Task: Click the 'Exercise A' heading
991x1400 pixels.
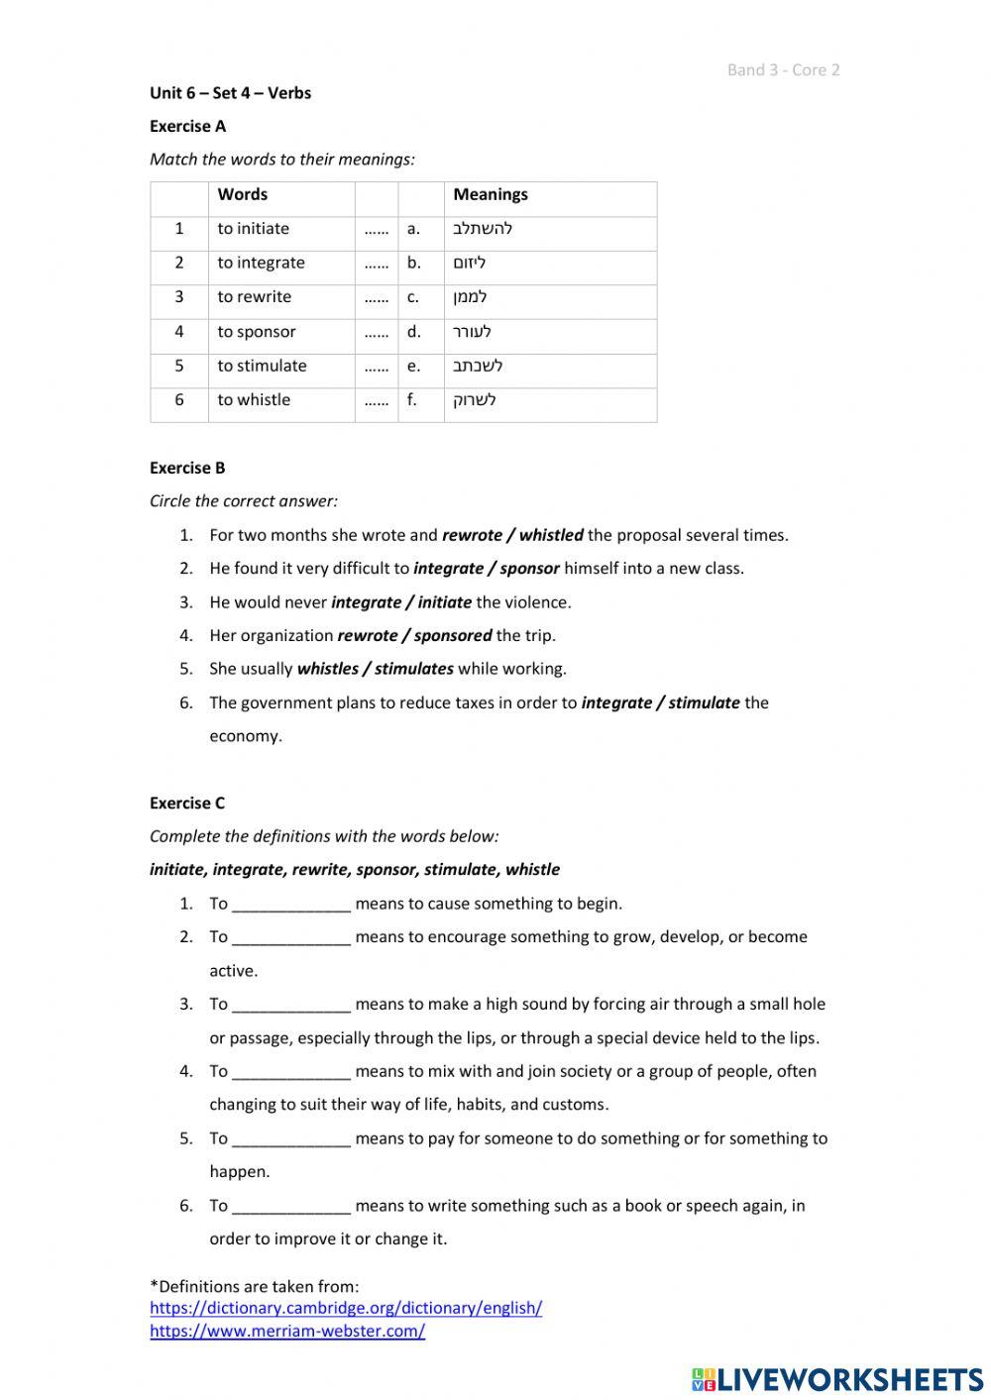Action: [x=187, y=126]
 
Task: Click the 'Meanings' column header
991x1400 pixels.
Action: [x=490, y=194]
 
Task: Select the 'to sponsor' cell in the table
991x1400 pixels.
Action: [x=257, y=332]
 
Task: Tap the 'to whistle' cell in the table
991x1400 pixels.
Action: [x=254, y=400]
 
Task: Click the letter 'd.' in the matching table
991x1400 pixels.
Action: [x=413, y=332]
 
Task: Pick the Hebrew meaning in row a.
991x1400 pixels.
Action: [x=483, y=229]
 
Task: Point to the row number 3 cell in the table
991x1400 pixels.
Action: [x=179, y=297]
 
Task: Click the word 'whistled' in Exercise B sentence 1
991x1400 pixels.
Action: [x=551, y=535]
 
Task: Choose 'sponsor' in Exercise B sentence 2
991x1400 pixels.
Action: [x=529, y=569]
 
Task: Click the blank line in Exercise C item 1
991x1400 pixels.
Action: [x=290, y=905]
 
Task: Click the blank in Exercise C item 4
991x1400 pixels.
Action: [x=290, y=1072]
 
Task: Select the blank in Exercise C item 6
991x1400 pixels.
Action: [x=290, y=1207]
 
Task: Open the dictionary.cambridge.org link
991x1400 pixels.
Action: [x=346, y=1308]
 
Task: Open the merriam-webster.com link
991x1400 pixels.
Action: [x=287, y=1332]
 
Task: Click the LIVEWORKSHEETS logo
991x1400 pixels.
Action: [x=837, y=1378]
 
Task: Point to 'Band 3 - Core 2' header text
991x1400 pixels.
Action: [x=783, y=69]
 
